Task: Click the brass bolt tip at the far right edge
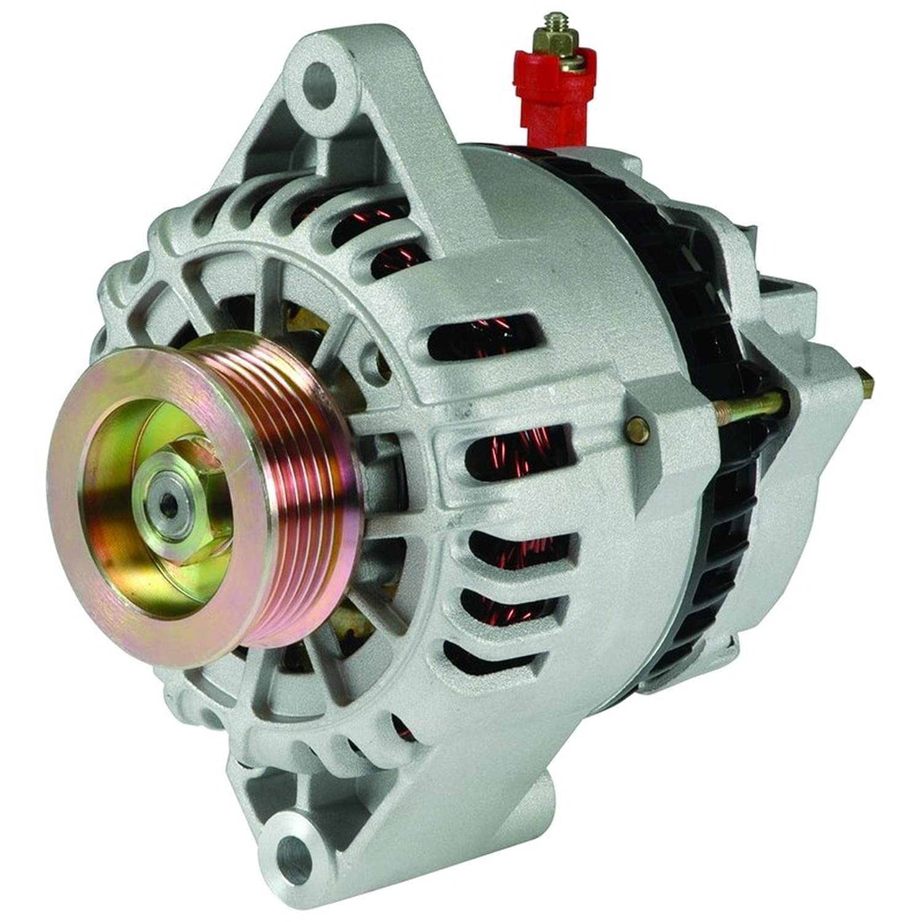(867, 384)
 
